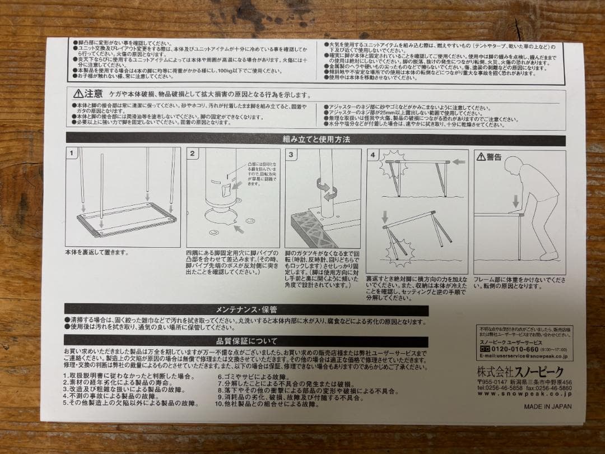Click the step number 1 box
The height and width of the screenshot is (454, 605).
[x=71, y=153]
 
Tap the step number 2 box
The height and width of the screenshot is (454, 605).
[x=192, y=154]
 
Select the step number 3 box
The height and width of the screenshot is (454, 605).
[x=291, y=154]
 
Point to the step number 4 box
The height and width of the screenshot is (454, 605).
[x=373, y=155]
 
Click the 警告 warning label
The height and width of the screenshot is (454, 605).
[x=489, y=157]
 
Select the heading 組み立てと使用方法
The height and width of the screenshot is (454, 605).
[x=316, y=139]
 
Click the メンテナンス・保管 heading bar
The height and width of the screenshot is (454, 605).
[x=246, y=309]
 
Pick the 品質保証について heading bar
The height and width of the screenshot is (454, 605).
[x=246, y=340]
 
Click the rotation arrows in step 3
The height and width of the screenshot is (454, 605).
[x=324, y=188]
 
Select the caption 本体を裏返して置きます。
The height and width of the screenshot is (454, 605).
[x=97, y=253]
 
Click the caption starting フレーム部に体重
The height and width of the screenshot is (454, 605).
[x=519, y=282]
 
